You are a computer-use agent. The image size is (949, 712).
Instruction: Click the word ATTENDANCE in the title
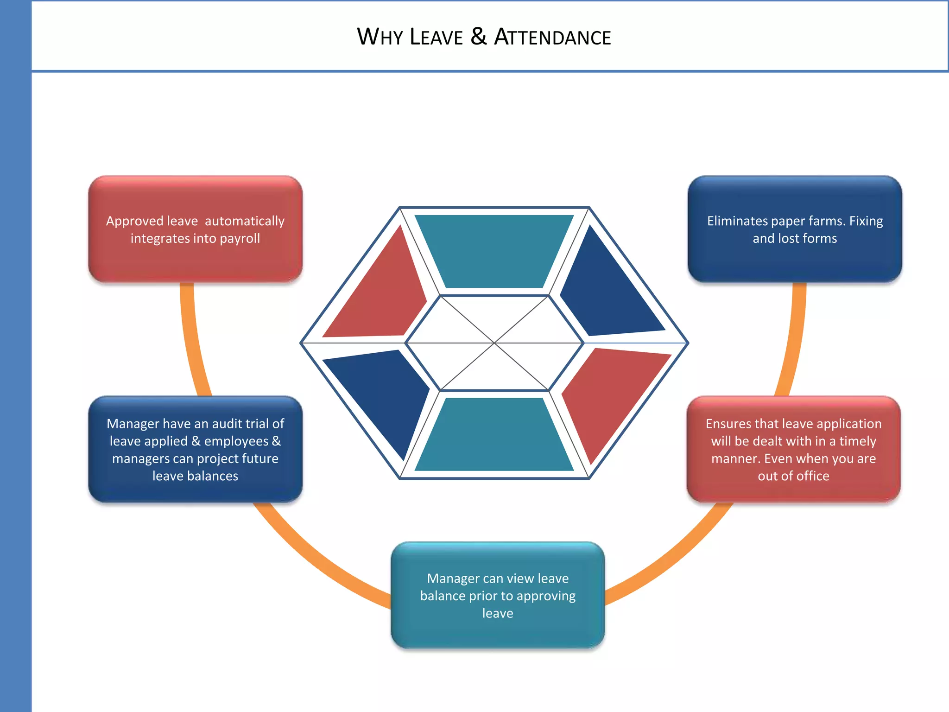click(x=552, y=37)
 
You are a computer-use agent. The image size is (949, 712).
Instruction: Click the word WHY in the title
click(x=380, y=37)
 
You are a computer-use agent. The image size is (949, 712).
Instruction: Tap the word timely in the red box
click(x=858, y=441)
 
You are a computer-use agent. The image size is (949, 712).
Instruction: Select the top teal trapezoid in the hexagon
click(x=494, y=250)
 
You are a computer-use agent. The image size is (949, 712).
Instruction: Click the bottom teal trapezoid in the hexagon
click(x=494, y=435)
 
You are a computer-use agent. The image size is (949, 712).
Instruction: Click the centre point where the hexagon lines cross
click(x=494, y=343)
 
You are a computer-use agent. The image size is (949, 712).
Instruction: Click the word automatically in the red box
click(x=245, y=221)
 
